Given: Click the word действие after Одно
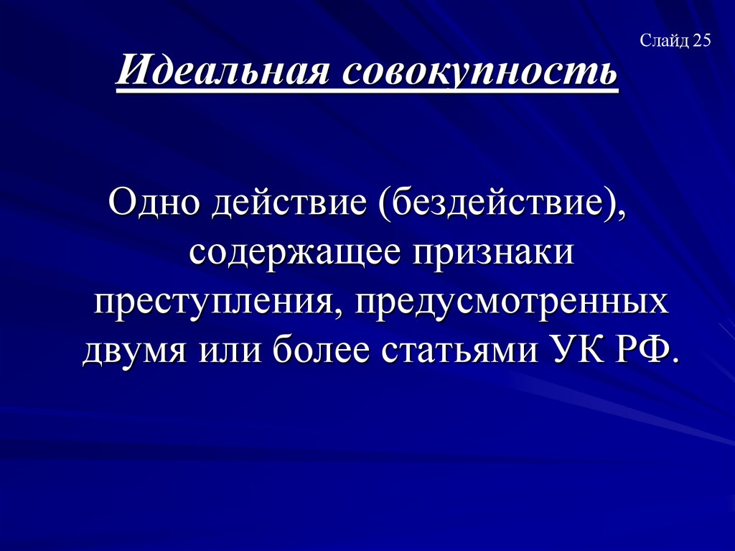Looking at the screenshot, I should pyautogui.click(x=287, y=203).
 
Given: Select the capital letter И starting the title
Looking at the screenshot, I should pyautogui.click(x=132, y=74).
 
